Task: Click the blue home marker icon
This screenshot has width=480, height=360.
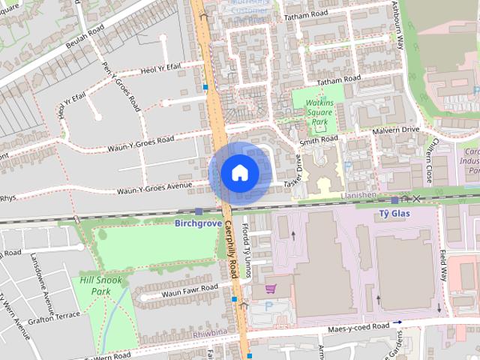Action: point(239,172)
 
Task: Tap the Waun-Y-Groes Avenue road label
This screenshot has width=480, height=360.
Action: point(154,188)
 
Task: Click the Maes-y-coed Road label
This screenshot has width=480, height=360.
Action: point(358,328)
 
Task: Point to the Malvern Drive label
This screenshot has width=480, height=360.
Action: point(397,130)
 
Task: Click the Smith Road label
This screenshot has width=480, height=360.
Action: point(319,140)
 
